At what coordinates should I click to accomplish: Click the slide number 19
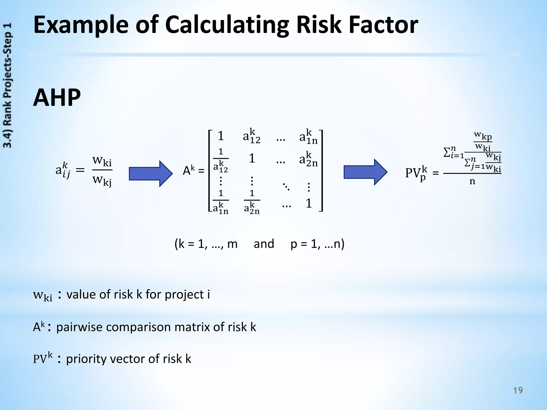click(518, 391)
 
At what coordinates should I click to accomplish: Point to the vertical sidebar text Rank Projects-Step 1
click(8, 85)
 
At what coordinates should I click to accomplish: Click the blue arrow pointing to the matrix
click(151, 174)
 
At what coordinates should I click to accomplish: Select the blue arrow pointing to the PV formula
click(365, 172)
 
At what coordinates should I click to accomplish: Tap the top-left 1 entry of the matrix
click(221, 136)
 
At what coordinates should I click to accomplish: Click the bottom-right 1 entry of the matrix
click(309, 204)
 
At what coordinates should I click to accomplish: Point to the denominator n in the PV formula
click(472, 182)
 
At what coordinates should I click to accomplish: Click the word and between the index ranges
click(264, 244)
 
